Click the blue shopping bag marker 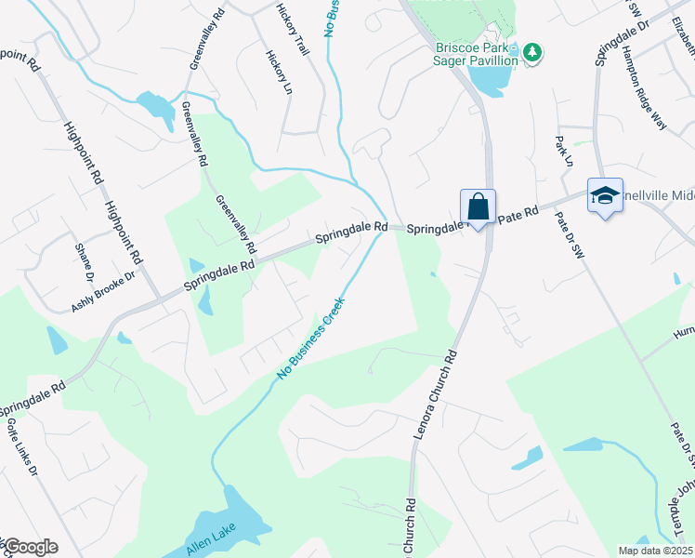(x=478, y=206)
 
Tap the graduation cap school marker (x=604, y=195)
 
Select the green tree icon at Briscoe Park (x=531, y=52)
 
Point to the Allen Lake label (x=211, y=538)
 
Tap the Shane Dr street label (x=85, y=261)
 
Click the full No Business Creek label (x=311, y=338)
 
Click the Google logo (x=31, y=547)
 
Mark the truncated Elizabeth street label (x=683, y=33)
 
